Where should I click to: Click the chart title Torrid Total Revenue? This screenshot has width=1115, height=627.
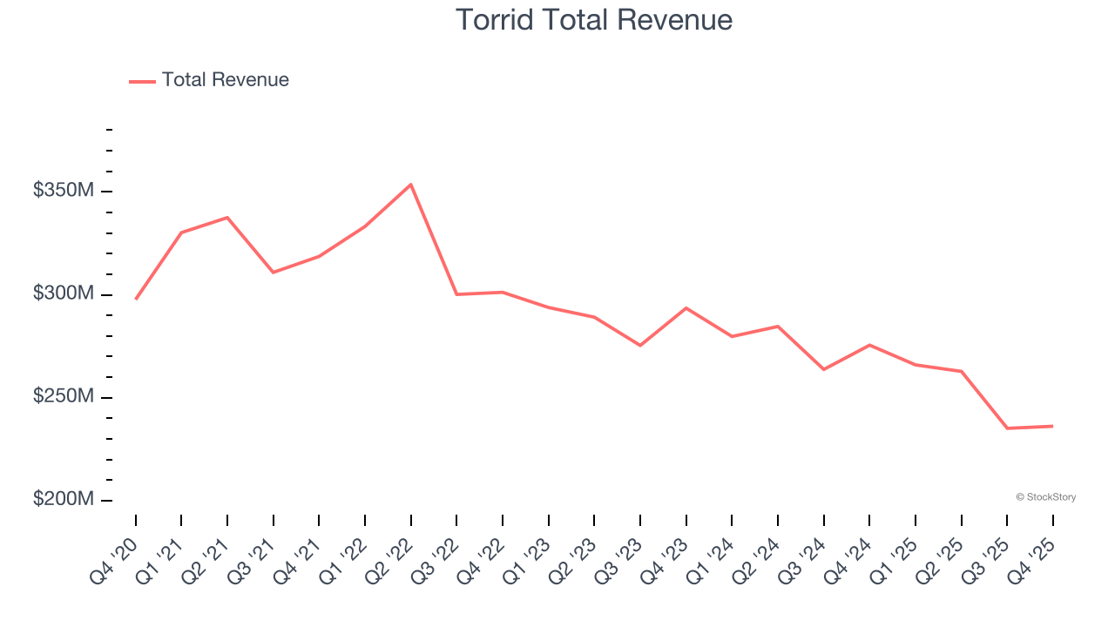tap(593, 19)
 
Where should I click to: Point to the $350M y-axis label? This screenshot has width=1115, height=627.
tap(63, 191)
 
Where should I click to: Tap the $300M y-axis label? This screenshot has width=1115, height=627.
tap(63, 293)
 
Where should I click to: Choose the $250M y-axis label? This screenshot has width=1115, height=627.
tap(63, 397)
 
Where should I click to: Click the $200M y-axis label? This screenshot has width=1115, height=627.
tap(63, 500)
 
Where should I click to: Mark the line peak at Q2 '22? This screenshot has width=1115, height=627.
tap(410, 185)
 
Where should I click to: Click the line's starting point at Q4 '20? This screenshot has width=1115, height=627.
tap(136, 299)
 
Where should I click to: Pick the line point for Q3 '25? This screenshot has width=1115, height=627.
tap(1006, 428)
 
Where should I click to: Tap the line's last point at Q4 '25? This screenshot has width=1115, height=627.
tap(1052, 426)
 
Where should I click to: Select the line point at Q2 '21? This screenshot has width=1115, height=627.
tap(227, 218)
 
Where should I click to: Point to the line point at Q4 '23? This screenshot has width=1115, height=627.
tap(686, 308)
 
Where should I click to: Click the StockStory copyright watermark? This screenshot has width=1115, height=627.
tap(1045, 497)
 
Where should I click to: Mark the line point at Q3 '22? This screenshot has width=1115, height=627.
tap(456, 294)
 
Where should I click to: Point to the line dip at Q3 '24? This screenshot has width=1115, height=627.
tap(823, 369)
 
